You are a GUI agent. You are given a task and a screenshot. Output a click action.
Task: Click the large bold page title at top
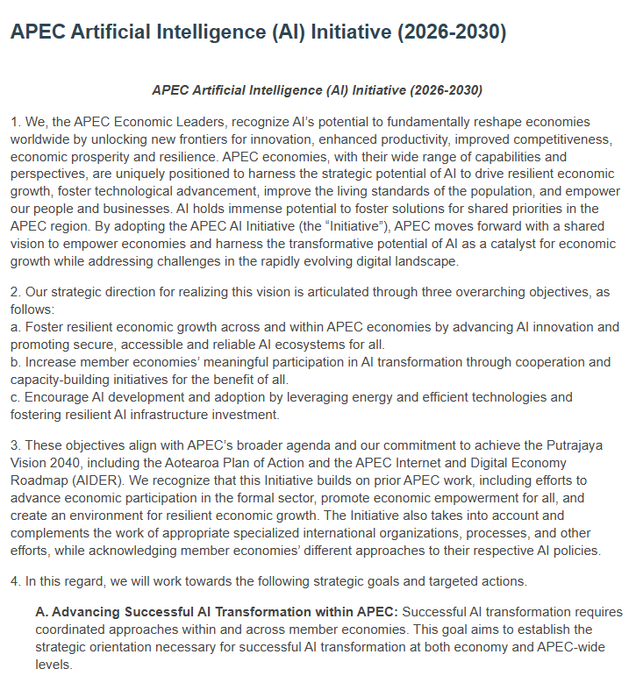[x=258, y=32]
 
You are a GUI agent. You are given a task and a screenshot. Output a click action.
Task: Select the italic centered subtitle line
[x=318, y=89]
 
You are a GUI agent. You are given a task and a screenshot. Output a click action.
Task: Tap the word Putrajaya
[x=589, y=446]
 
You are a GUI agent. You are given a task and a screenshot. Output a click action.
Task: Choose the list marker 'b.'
[x=16, y=361]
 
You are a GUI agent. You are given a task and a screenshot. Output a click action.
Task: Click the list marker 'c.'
[x=16, y=397]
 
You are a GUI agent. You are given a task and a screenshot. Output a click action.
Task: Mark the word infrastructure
[x=180, y=414]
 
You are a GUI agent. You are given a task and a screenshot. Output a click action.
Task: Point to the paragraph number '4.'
[x=16, y=581]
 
